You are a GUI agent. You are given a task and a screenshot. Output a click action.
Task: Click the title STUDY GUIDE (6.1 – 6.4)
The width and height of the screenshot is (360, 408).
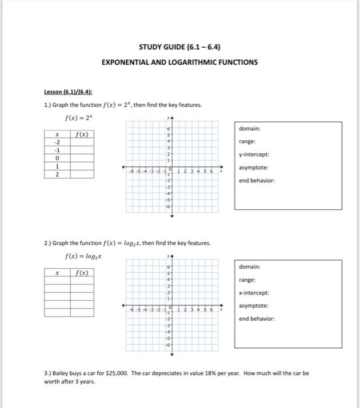click(179, 47)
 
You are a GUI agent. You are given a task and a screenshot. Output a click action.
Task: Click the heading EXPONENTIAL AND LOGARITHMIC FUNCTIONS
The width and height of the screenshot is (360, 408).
click(179, 62)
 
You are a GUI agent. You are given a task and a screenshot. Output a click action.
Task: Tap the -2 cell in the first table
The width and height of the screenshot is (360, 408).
click(57, 142)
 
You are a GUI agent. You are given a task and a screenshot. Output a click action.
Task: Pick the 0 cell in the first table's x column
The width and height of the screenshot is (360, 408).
click(57, 158)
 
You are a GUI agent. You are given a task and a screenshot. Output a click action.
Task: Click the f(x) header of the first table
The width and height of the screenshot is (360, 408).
click(82, 133)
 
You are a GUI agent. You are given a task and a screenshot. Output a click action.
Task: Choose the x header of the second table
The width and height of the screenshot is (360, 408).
click(57, 272)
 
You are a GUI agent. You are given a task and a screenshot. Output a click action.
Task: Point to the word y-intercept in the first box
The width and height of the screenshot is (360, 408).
click(254, 154)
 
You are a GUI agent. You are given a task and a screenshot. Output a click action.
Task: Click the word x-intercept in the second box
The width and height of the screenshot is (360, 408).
click(254, 293)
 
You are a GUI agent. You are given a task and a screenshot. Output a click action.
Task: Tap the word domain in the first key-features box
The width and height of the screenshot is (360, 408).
click(249, 128)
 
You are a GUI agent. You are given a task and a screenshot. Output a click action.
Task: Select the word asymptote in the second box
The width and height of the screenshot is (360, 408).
click(254, 305)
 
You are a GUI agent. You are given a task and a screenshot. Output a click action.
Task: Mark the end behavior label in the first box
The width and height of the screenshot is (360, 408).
click(257, 180)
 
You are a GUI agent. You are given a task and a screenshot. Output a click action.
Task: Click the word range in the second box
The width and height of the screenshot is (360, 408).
click(246, 280)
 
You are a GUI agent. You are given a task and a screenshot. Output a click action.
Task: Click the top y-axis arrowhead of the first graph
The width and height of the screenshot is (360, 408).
click(172, 119)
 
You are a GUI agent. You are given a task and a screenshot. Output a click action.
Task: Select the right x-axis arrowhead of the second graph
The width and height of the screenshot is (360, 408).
click(221, 304)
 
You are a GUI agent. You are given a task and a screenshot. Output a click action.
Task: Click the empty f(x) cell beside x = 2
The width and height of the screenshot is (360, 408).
click(82, 174)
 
